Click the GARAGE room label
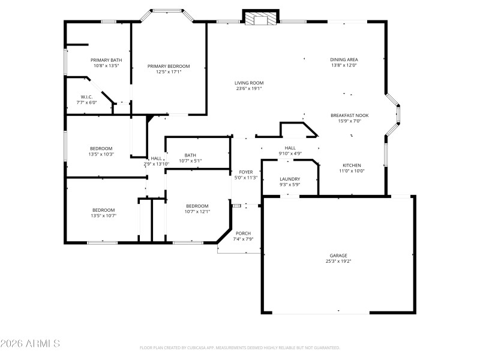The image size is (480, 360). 338,255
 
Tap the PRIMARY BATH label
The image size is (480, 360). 106,60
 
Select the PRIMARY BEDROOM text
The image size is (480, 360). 169,66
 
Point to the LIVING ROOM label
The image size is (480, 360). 249,83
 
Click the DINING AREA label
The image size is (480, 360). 344,59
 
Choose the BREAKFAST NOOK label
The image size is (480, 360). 349,115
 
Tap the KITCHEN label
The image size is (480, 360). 352,165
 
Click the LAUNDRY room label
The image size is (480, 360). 290,179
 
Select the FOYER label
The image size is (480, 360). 245,172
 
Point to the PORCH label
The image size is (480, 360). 243,233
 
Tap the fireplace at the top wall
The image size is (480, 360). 260,19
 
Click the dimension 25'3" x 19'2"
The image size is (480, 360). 338,261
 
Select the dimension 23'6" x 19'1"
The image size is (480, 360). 249,89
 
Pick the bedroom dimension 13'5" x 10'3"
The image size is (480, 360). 101,154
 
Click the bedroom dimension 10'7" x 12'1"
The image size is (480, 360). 197,211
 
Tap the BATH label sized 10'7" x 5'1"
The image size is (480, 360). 190,155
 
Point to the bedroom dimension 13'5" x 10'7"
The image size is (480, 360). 103,215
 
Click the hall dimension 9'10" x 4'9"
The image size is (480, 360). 290,153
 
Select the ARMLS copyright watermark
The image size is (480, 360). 30,344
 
